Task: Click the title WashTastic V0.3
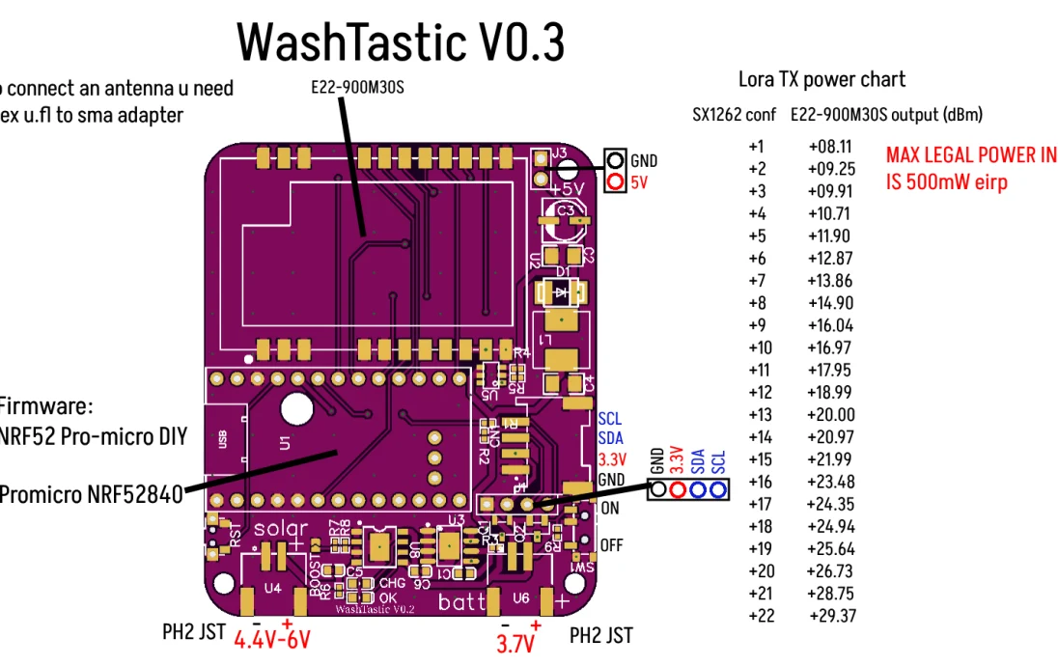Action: point(401,42)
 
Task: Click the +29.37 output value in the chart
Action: point(831,616)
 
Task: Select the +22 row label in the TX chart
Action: point(761,616)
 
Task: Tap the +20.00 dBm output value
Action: point(831,415)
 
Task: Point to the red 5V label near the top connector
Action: point(640,181)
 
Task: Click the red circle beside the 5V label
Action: point(615,181)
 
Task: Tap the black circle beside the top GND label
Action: point(615,160)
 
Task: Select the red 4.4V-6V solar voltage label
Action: point(271,640)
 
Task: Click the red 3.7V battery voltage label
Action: point(515,643)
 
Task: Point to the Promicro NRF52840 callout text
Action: point(90,495)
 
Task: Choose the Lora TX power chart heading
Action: point(821,79)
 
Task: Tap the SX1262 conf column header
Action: point(734,115)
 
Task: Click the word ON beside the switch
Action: point(610,508)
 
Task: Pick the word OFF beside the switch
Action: point(612,545)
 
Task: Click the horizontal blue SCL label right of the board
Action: point(610,419)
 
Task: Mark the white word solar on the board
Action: point(281,529)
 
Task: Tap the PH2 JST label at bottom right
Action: point(600,635)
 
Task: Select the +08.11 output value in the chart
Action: point(830,147)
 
